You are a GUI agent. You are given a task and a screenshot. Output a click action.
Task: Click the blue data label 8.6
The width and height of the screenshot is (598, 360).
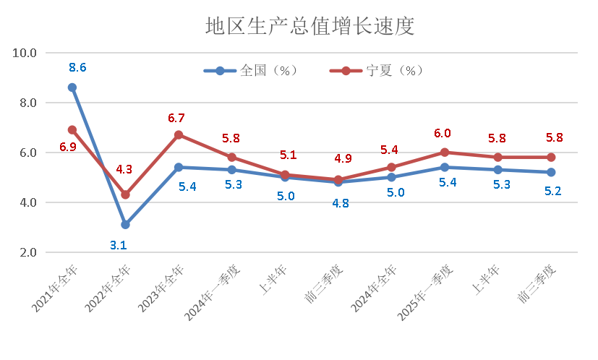click(x=77, y=67)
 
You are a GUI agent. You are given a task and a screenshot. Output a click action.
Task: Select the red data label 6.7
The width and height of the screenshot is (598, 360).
click(x=176, y=118)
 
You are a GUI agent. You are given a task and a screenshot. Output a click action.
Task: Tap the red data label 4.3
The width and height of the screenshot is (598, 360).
click(x=124, y=170)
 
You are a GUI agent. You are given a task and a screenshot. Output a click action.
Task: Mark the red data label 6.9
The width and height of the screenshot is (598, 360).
click(x=68, y=147)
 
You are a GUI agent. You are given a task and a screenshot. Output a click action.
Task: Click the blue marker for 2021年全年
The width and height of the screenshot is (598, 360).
click(x=72, y=87)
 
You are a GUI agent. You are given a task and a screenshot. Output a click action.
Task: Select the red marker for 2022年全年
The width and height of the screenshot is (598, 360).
click(x=125, y=194)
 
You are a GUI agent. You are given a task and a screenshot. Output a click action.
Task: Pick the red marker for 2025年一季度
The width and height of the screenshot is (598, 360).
click(x=445, y=153)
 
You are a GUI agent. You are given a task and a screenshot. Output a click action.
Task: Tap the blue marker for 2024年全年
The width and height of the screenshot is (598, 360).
click(x=391, y=177)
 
